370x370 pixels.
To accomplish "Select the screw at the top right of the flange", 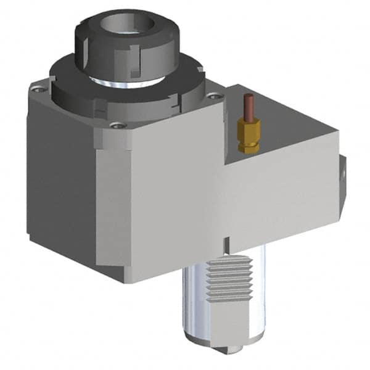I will tap(213, 95).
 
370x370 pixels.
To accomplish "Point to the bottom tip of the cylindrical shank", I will tap(228, 349).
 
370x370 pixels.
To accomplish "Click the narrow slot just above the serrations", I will tap(227, 242).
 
